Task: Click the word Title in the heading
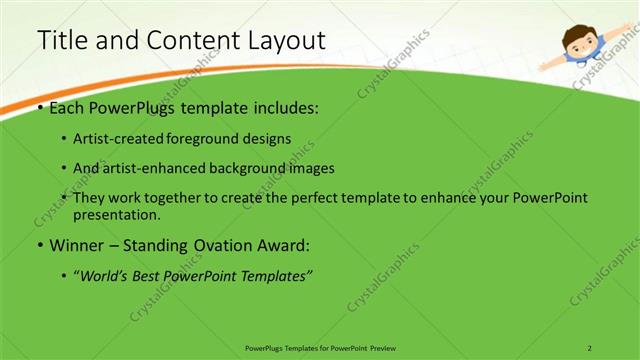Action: tap(59, 41)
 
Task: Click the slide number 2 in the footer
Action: tap(589, 347)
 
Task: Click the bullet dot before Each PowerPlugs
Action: tap(39, 107)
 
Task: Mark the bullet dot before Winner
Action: tap(39, 246)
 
